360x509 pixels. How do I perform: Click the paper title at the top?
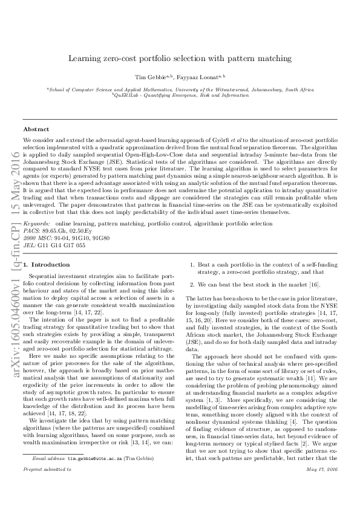pos(180,59)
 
